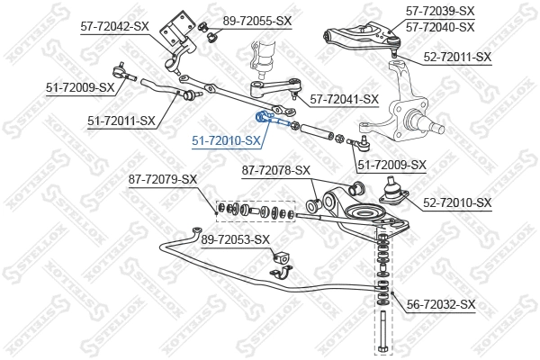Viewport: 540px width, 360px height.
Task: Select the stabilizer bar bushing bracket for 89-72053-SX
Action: (280, 266)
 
